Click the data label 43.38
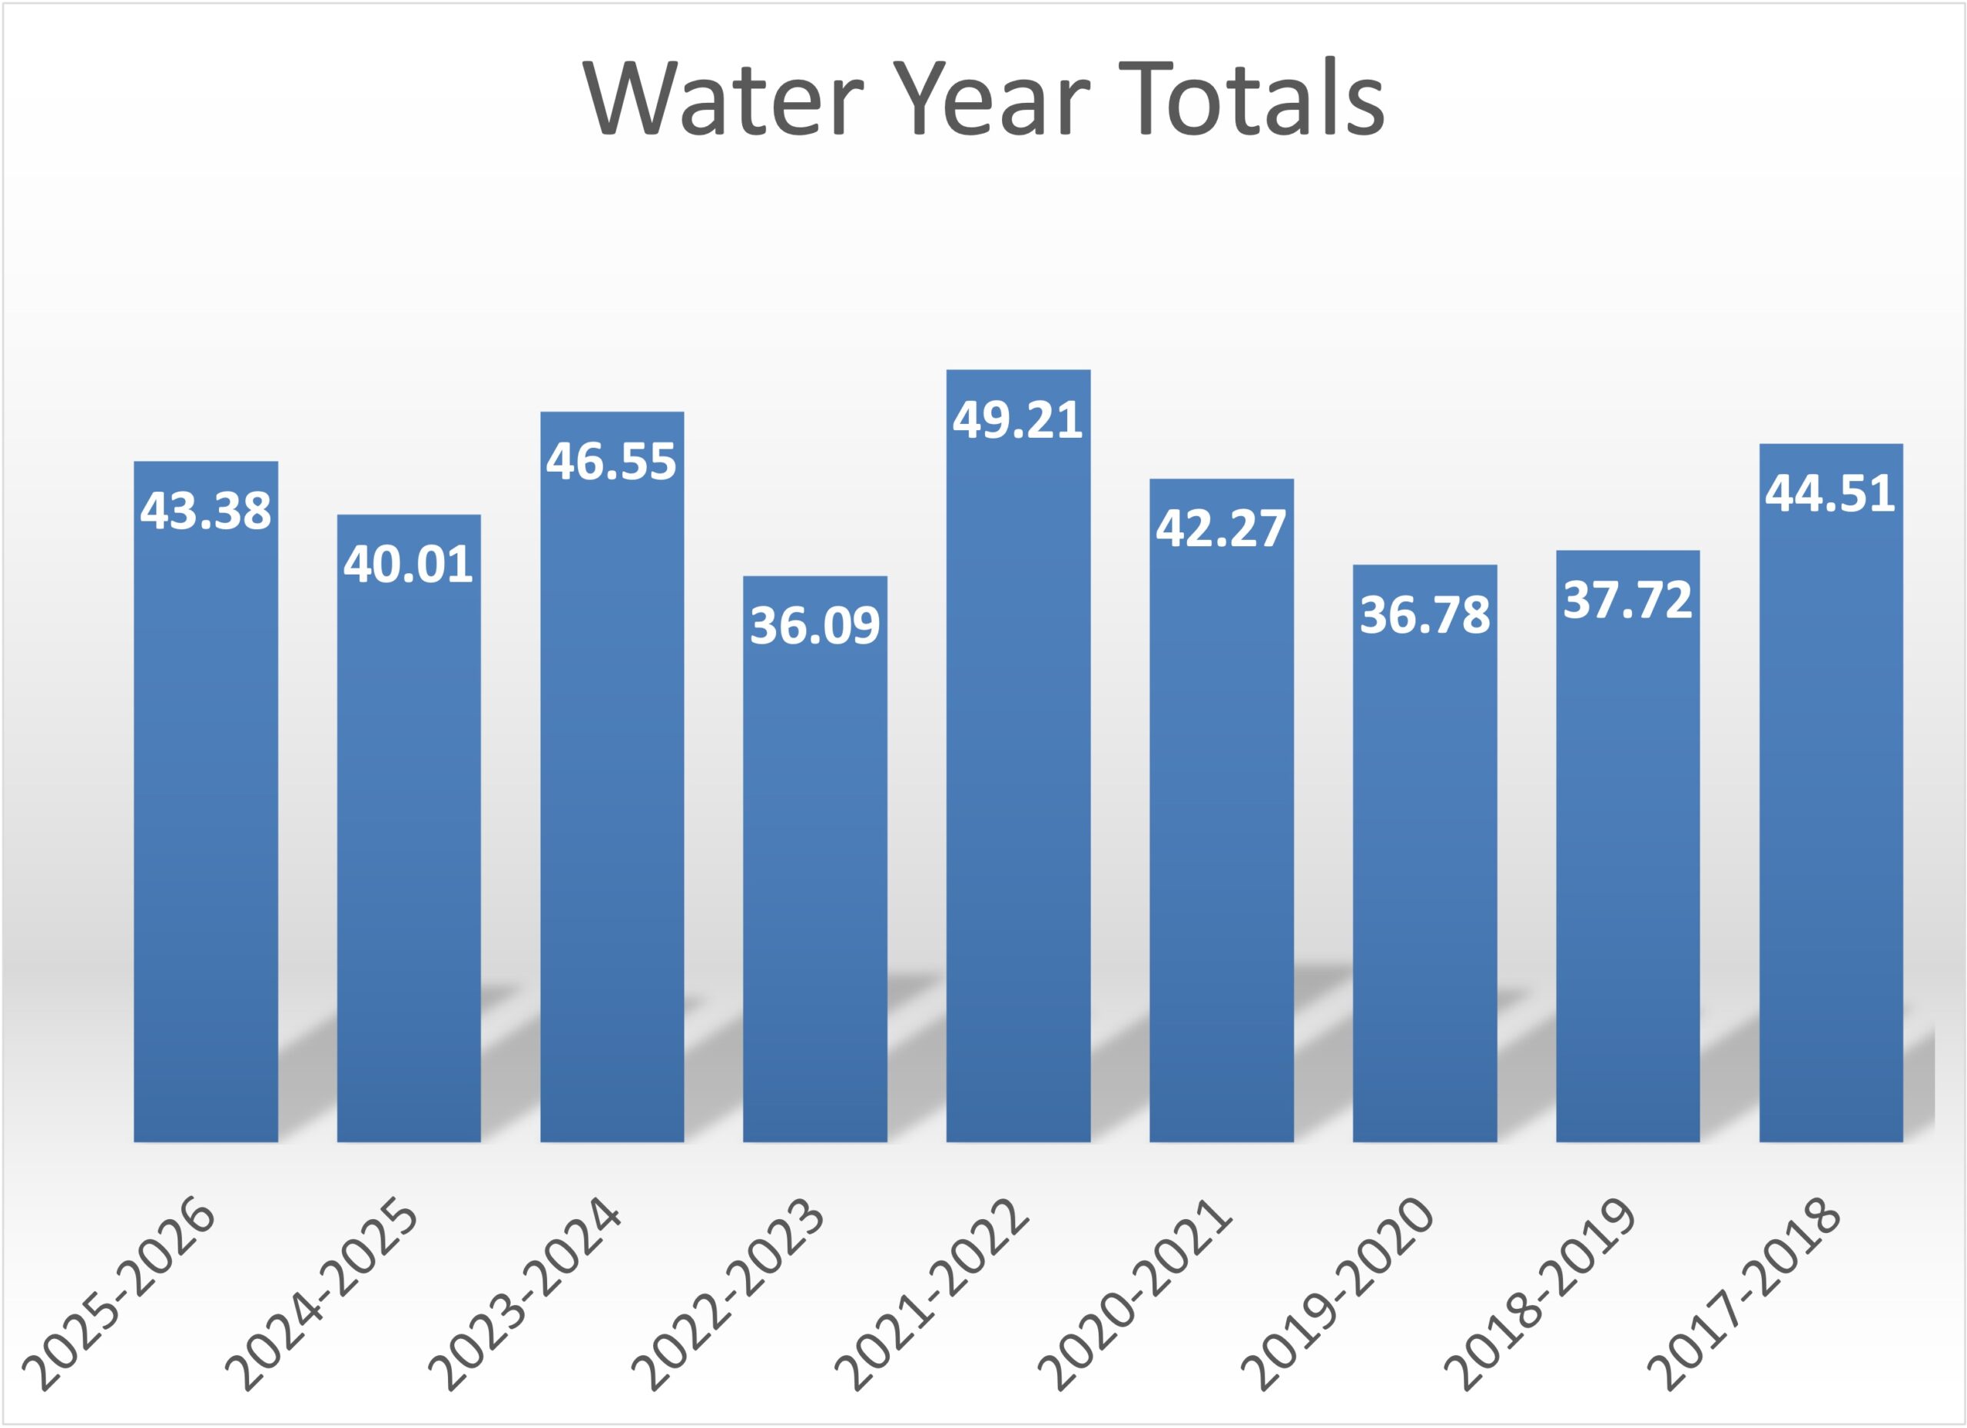(x=206, y=510)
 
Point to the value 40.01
(x=409, y=564)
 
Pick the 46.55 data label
(x=612, y=460)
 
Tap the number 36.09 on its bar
(x=815, y=625)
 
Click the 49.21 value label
(x=1018, y=419)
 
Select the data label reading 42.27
(x=1221, y=527)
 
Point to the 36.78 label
(x=1425, y=614)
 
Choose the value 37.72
(x=1628, y=599)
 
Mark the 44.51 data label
(x=1831, y=492)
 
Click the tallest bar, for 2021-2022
(x=1018, y=780)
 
